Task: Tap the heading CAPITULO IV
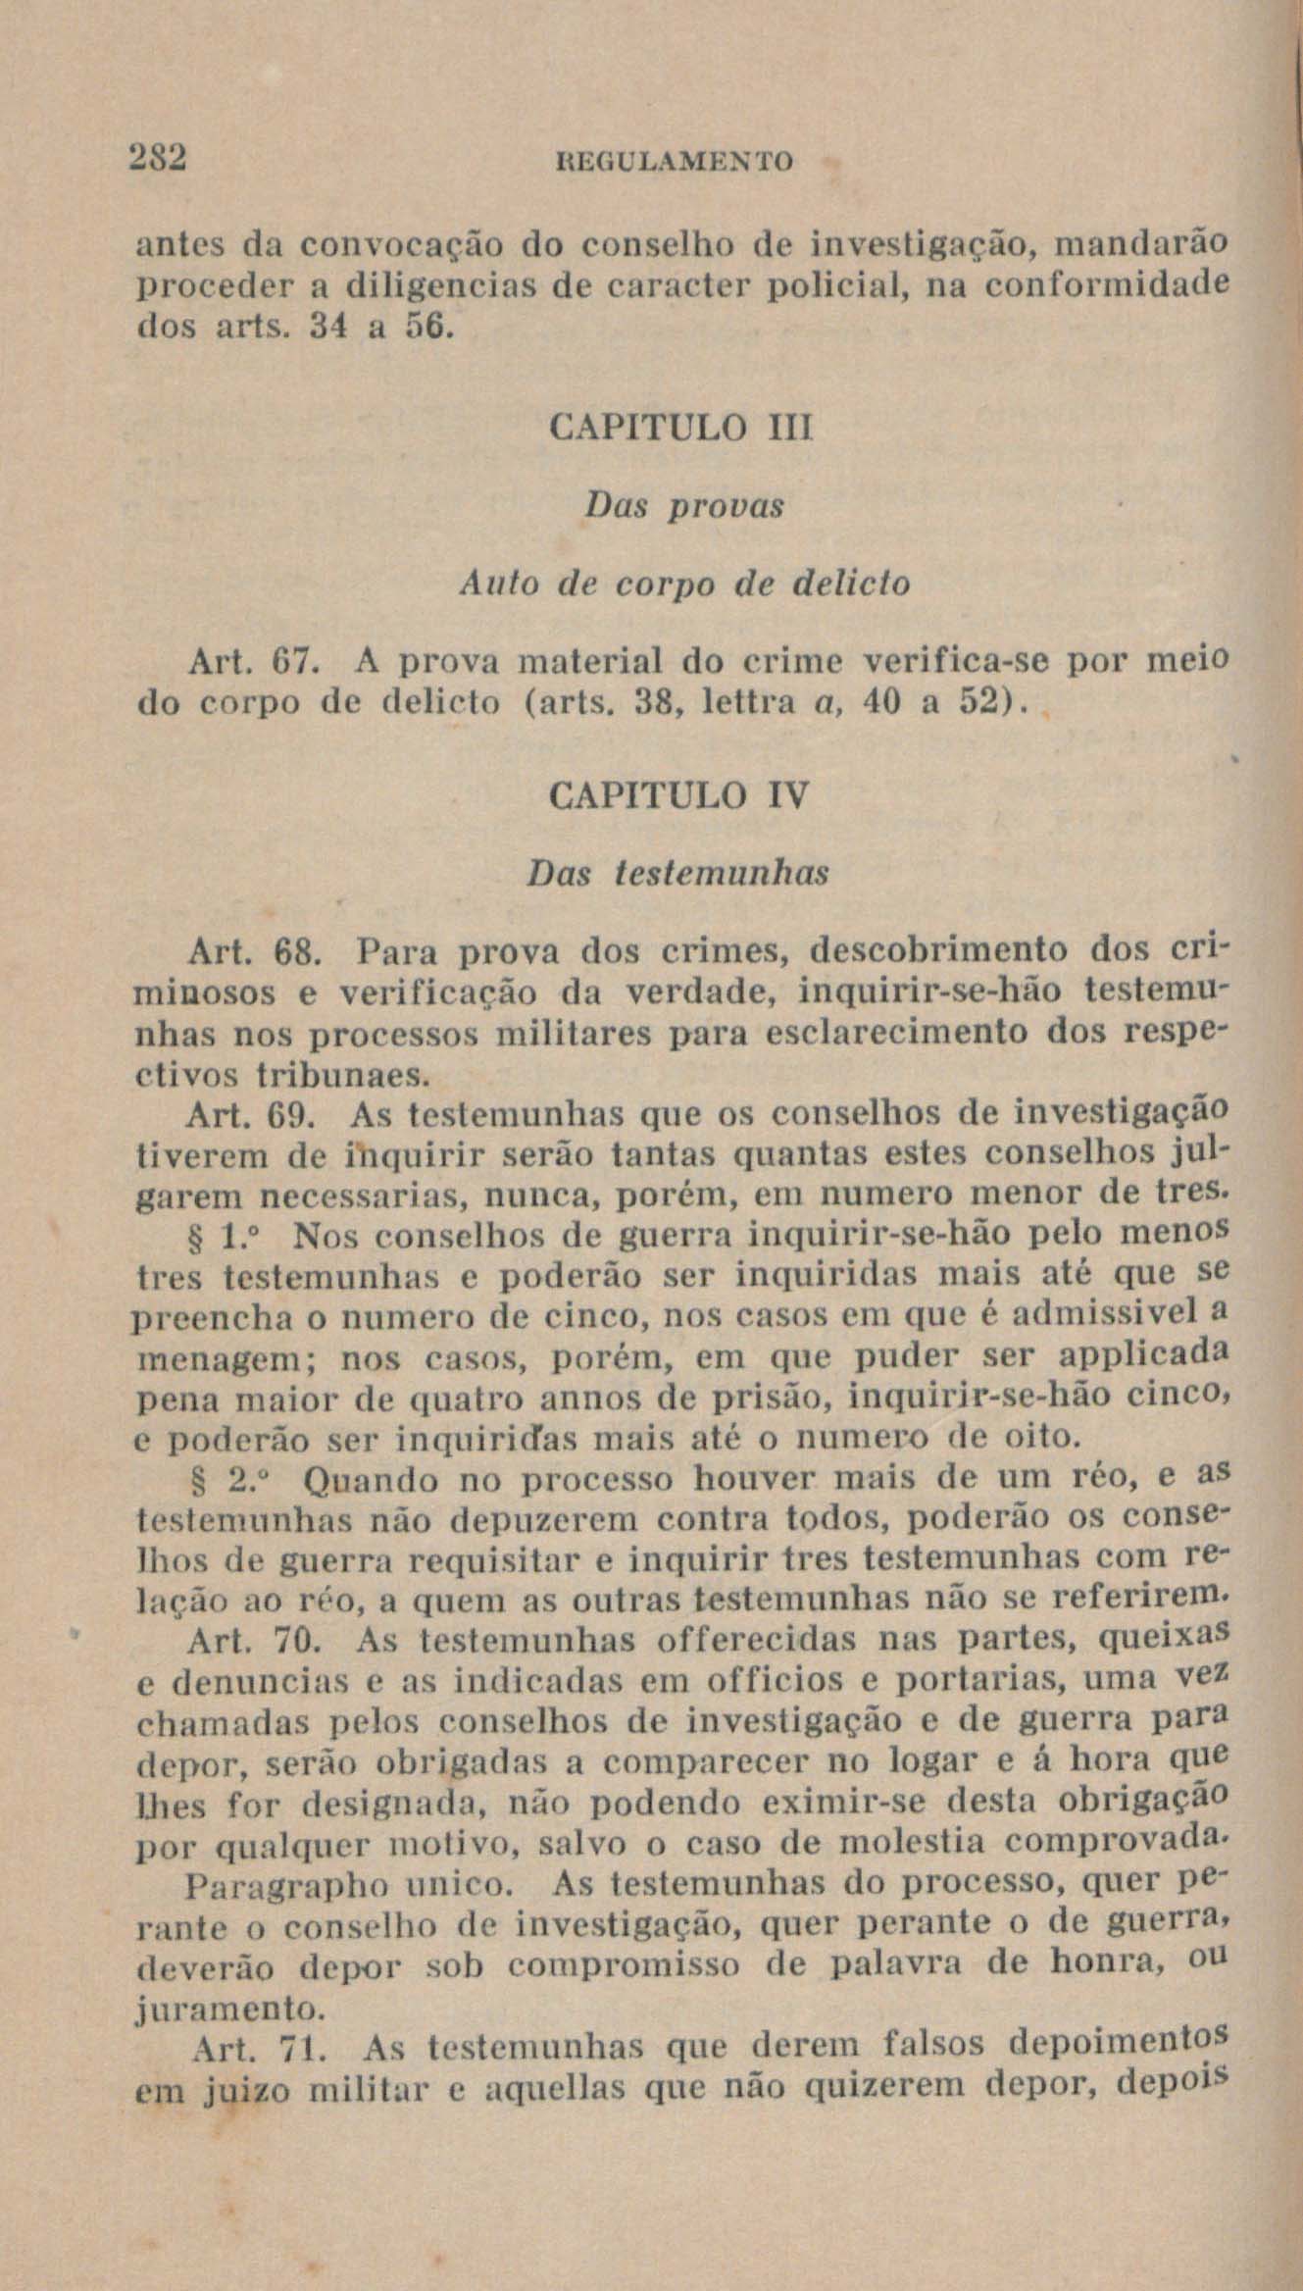(680, 795)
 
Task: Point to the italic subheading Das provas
(683, 506)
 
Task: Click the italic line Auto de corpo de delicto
(684, 585)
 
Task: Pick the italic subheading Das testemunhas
(677, 873)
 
